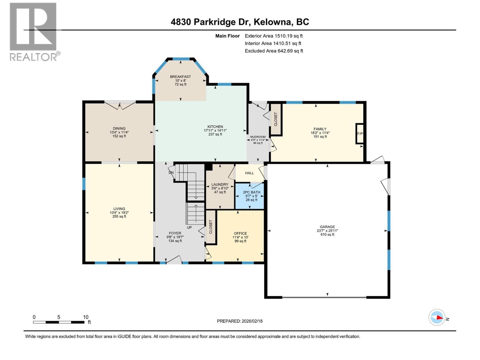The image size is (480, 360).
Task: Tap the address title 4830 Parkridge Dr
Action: pyautogui.click(x=240, y=22)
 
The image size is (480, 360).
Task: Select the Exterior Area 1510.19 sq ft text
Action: pyautogui.click(x=273, y=36)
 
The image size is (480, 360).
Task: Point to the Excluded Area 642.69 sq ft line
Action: pyautogui.click(x=274, y=51)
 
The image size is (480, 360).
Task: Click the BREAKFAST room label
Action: pyautogui.click(x=180, y=77)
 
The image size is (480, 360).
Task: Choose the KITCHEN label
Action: pyautogui.click(x=215, y=127)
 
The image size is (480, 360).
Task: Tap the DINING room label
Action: pyautogui.click(x=119, y=128)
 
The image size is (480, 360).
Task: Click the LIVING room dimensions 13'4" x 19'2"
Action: pyautogui.click(x=119, y=212)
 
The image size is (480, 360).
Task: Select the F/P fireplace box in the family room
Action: pyautogui.click(x=360, y=133)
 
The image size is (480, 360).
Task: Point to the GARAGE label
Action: pyautogui.click(x=327, y=227)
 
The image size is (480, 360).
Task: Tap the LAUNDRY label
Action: pyautogui.click(x=220, y=184)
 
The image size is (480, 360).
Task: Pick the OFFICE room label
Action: pyautogui.click(x=240, y=233)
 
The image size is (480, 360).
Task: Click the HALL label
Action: pyautogui.click(x=249, y=173)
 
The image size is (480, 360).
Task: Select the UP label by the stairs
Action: pyautogui.click(x=189, y=227)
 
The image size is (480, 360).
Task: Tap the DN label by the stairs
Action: pyautogui.click(x=171, y=172)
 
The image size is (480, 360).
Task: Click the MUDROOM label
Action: pyautogui.click(x=258, y=137)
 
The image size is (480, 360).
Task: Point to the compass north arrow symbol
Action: pyautogui.click(x=437, y=317)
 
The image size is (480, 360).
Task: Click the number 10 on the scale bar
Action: pyautogui.click(x=86, y=317)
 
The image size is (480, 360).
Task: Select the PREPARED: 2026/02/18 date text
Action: pyautogui.click(x=240, y=321)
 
